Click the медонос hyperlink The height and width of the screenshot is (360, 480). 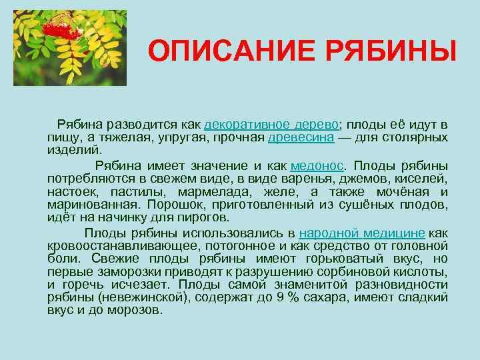317,165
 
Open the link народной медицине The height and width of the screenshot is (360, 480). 362,233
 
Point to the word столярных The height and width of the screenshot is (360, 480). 417,138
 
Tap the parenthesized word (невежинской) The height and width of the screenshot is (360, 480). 139,298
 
